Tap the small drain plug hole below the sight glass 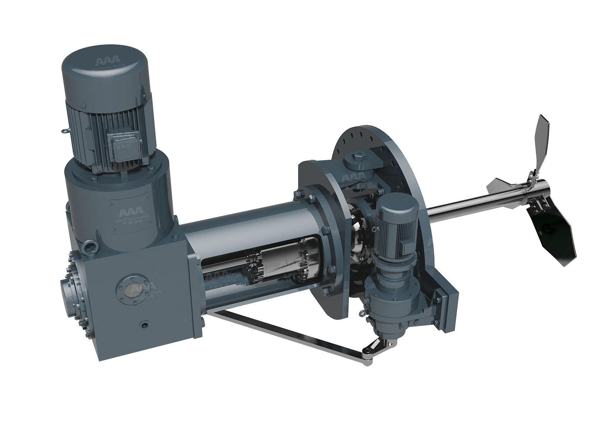(144, 325)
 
